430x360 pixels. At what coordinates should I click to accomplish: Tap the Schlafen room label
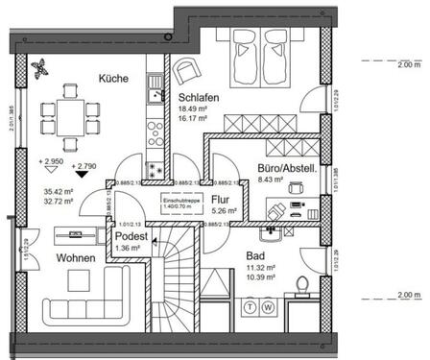click(200, 96)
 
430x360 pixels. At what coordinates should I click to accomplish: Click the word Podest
click(131, 236)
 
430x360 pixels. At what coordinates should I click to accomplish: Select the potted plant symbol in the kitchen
click(39, 68)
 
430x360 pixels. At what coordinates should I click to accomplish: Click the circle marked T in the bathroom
click(251, 307)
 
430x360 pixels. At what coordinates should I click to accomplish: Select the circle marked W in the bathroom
click(269, 307)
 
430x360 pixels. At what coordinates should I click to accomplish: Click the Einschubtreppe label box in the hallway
click(179, 202)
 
